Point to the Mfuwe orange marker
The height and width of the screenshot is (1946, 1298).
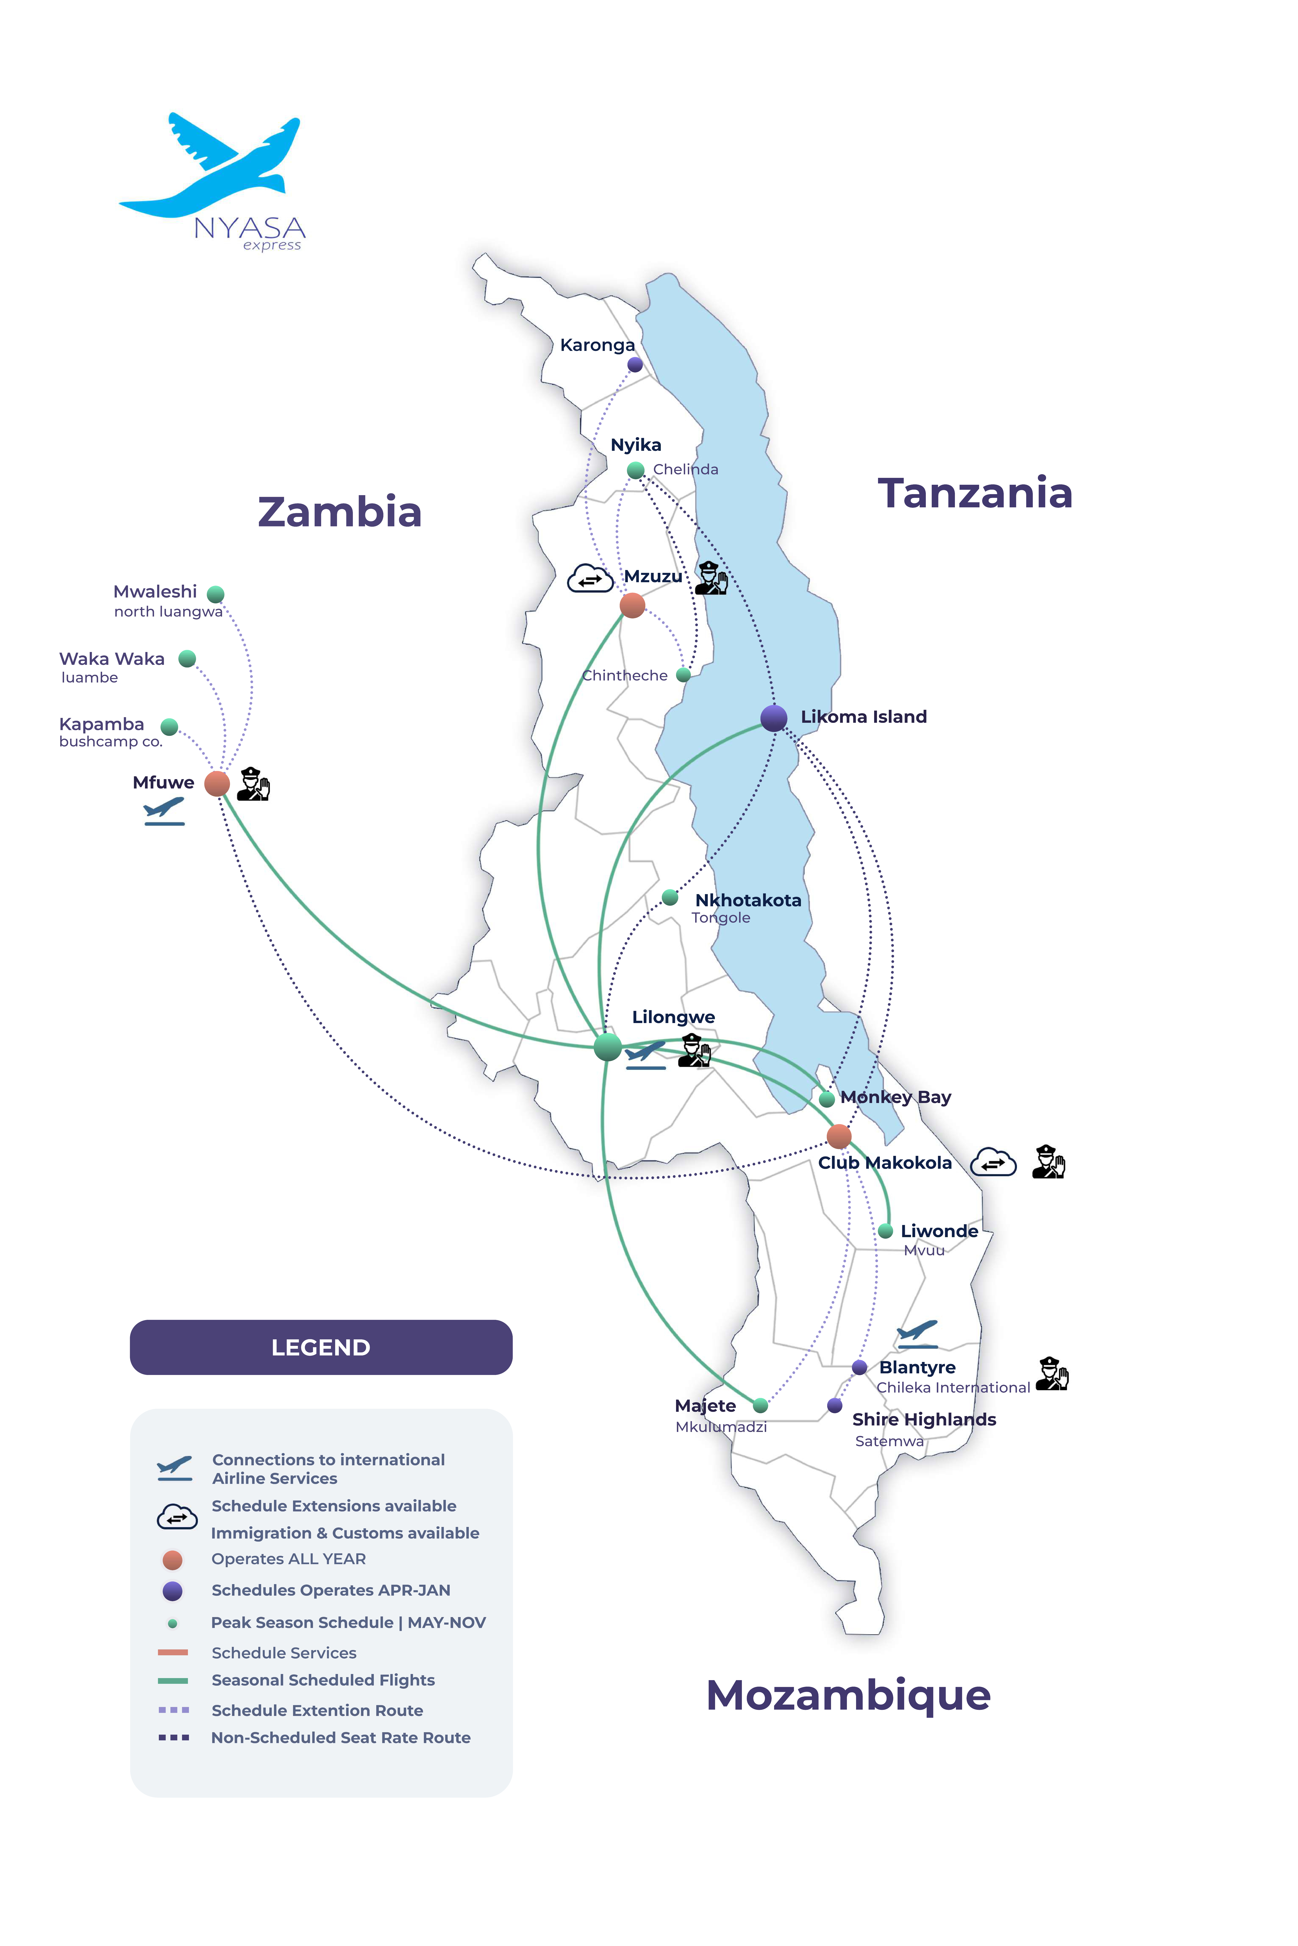pyautogui.click(x=217, y=783)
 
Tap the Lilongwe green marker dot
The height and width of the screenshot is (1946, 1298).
pyautogui.click(x=608, y=1046)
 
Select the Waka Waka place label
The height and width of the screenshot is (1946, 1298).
pyautogui.click(x=112, y=659)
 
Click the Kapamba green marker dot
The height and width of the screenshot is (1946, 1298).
pyautogui.click(x=170, y=727)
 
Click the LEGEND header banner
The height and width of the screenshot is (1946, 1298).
pyautogui.click(x=321, y=1348)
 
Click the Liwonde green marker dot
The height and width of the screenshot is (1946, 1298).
pyautogui.click(x=885, y=1231)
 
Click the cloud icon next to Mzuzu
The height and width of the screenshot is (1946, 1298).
pyautogui.click(x=589, y=579)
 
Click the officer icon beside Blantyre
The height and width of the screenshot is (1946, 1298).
pyautogui.click(x=1051, y=1374)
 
